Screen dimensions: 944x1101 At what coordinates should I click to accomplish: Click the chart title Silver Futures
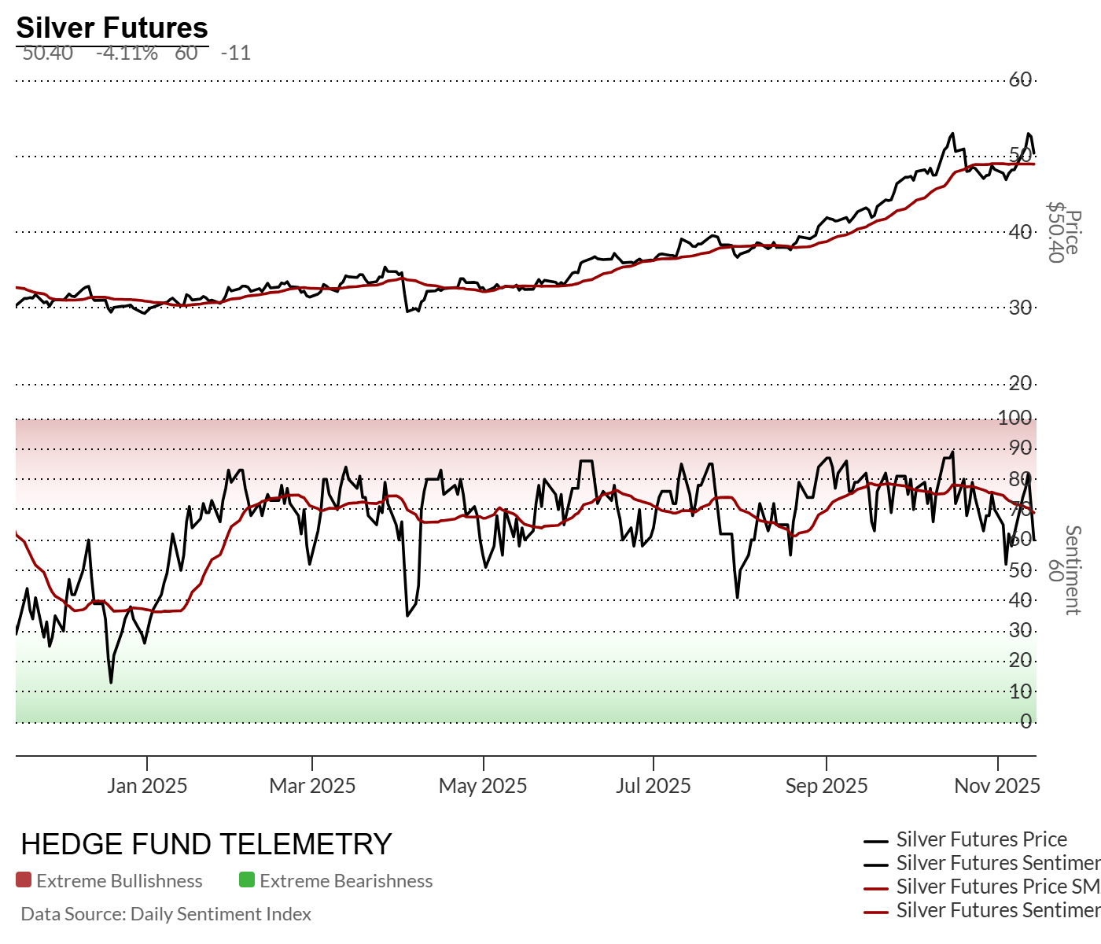tap(112, 28)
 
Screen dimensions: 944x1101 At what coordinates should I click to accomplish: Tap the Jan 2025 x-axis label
tap(147, 785)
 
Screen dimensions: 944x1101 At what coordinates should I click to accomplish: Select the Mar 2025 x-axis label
tap(312, 785)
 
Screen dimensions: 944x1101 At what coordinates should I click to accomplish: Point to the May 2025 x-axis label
tap(483, 785)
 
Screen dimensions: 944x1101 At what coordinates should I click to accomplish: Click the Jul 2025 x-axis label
tap(653, 785)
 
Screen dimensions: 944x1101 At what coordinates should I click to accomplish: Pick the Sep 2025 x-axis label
tap(827, 785)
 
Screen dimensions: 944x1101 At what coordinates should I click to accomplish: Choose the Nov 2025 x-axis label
tap(997, 785)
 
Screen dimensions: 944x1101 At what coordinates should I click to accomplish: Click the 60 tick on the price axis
tap(1020, 79)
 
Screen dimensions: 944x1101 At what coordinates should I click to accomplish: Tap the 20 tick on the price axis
tap(1020, 383)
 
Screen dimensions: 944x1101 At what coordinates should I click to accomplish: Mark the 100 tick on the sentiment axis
tap(1014, 418)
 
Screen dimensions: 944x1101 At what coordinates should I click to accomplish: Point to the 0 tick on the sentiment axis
tap(1026, 721)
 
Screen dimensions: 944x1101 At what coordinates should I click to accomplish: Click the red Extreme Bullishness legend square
tap(24, 880)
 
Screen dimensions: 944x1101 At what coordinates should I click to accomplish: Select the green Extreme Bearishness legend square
tap(247, 880)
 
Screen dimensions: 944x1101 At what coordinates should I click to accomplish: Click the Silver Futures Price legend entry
tap(981, 839)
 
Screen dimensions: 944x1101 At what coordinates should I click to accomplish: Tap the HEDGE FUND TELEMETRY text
tap(206, 844)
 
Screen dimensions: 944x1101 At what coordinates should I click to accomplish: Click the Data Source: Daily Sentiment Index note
tap(166, 914)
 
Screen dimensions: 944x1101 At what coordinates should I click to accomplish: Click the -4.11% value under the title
tap(127, 53)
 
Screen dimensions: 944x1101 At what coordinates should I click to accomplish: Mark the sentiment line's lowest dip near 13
tap(111, 681)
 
